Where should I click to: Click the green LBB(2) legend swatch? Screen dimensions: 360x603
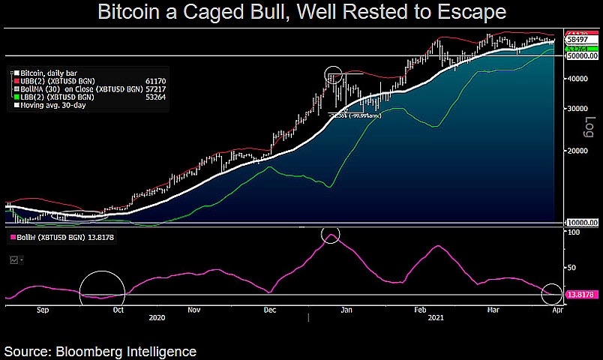pos(16,97)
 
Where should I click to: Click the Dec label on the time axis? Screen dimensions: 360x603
pos(270,309)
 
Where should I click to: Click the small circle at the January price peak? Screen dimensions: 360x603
pos(333,75)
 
